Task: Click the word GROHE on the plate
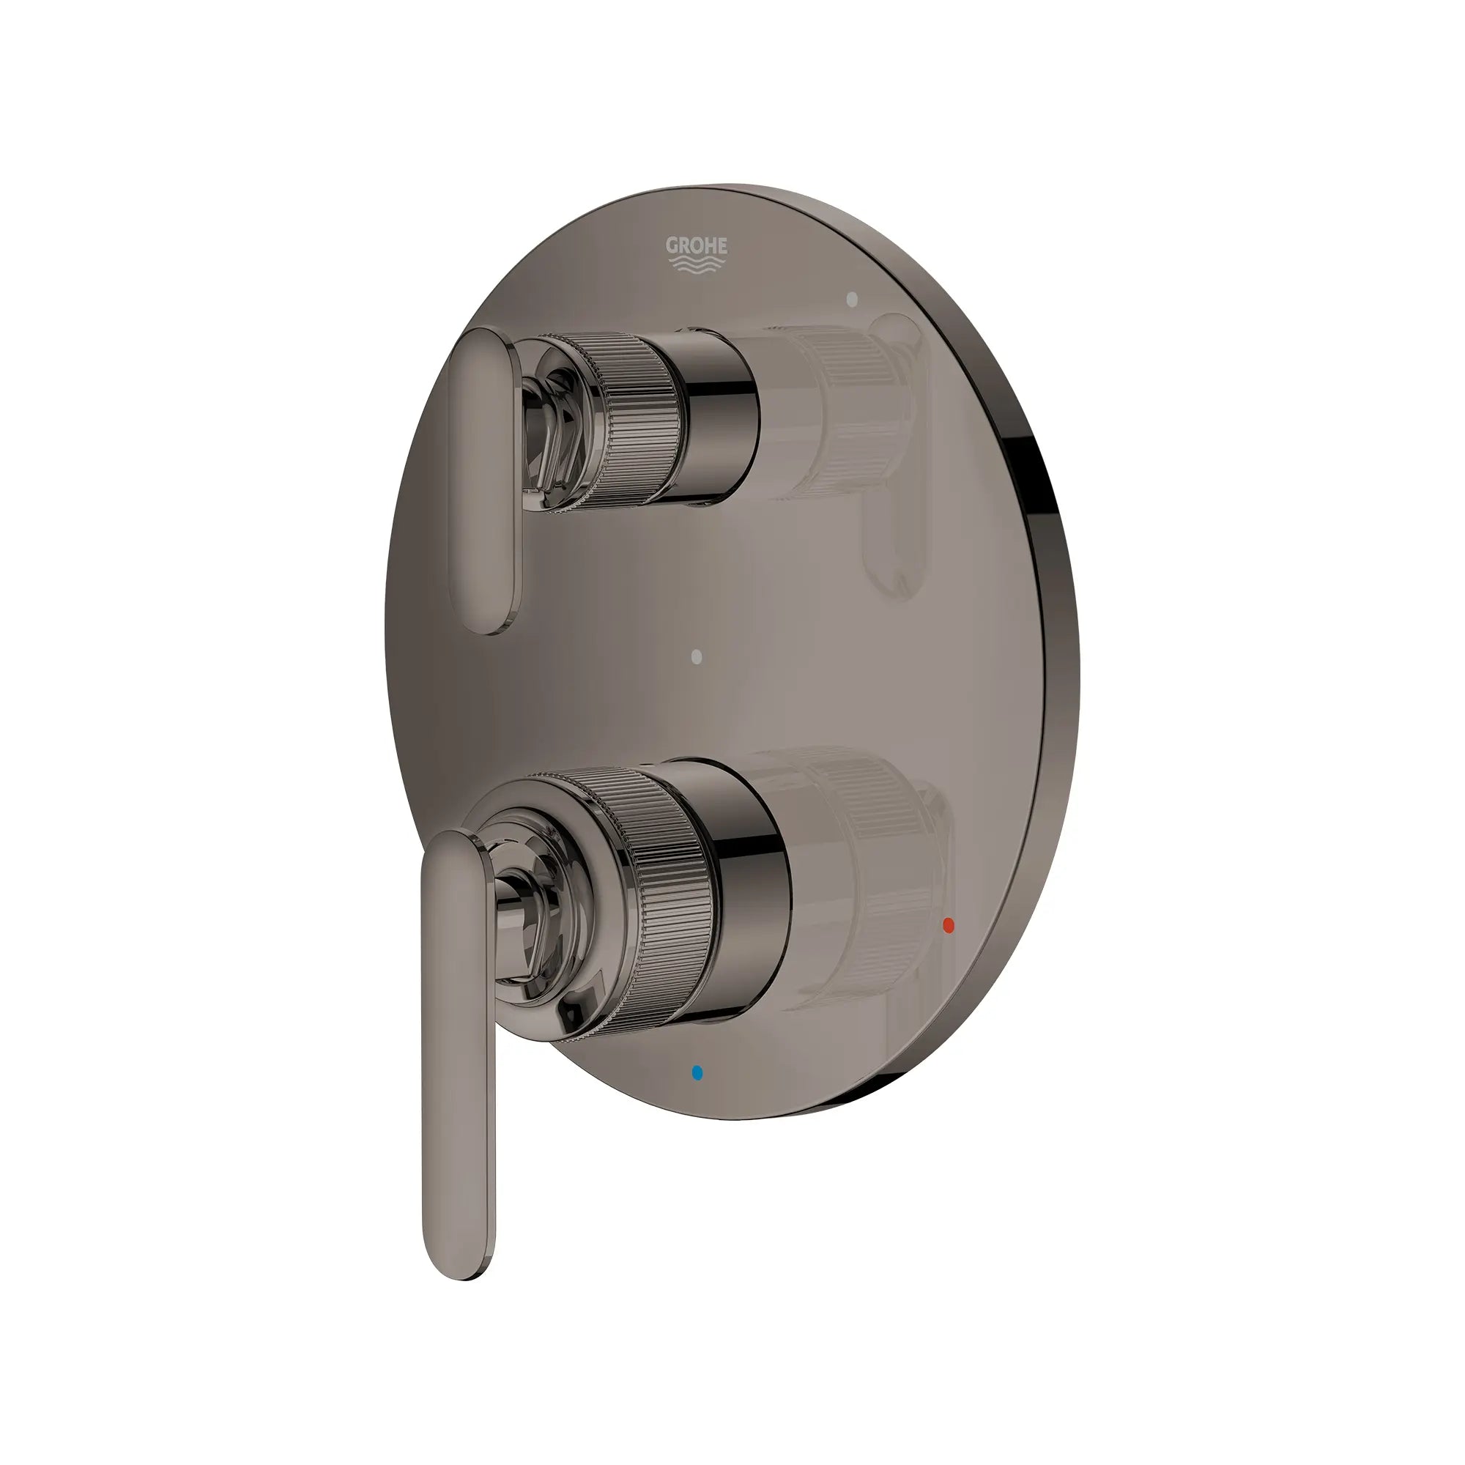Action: click(696, 245)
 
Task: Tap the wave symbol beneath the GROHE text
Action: click(696, 263)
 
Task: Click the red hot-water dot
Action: click(947, 924)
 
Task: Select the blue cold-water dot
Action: click(697, 1073)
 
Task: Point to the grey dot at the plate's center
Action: click(697, 656)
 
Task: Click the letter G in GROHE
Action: click(671, 245)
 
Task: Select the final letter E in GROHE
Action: click(722, 245)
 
